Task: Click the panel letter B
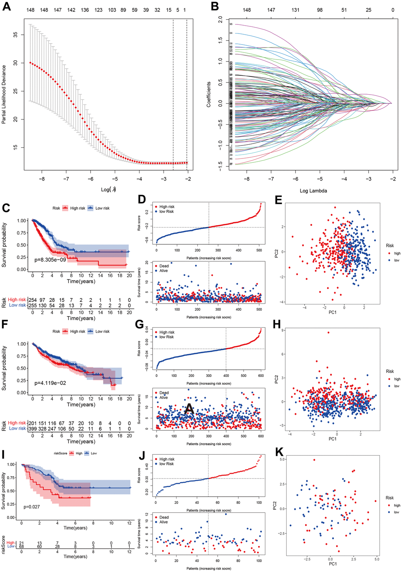coord(215,7)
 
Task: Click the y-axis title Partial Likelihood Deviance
coord(4,95)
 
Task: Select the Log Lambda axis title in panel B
coord(313,191)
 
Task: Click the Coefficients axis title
coord(209,95)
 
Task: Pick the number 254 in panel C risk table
coord(32,300)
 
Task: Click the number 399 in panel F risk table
coord(32,429)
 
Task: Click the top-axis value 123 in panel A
coord(99,10)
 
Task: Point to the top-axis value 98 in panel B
coord(320,10)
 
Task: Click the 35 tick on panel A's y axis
coord(16,35)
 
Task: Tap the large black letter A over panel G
coord(189,409)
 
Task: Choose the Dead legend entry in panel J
coord(164,517)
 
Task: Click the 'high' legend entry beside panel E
coord(397,253)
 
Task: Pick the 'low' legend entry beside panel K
coord(396,512)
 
